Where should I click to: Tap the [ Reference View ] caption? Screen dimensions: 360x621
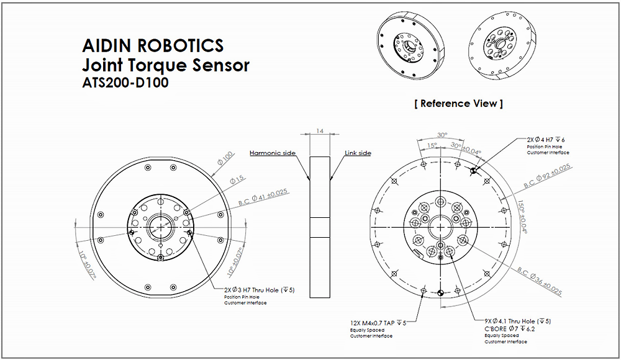pyautogui.click(x=458, y=104)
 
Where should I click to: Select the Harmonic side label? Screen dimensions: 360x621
pyautogui.click(x=272, y=153)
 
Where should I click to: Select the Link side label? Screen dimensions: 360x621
pyautogui.click(x=358, y=153)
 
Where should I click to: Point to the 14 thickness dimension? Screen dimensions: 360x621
pyautogui.click(x=320, y=132)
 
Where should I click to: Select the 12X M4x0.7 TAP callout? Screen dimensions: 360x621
pyautogui.click(x=378, y=322)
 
